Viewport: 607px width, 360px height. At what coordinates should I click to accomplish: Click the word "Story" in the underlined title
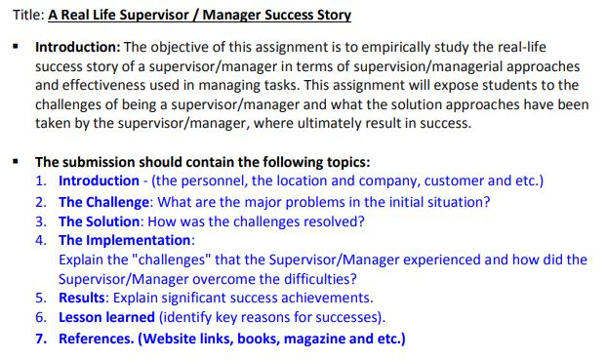[x=331, y=16]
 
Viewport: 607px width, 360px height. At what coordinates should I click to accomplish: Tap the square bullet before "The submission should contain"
[x=16, y=162]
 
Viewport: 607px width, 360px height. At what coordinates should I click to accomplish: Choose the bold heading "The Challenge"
[x=104, y=202]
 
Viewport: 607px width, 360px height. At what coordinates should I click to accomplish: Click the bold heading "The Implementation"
[x=125, y=240]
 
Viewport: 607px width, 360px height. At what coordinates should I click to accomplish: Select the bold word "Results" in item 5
[x=84, y=299]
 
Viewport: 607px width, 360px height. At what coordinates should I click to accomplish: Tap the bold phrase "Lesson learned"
[x=106, y=318]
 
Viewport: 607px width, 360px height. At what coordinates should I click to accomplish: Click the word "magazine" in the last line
[x=317, y=339]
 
